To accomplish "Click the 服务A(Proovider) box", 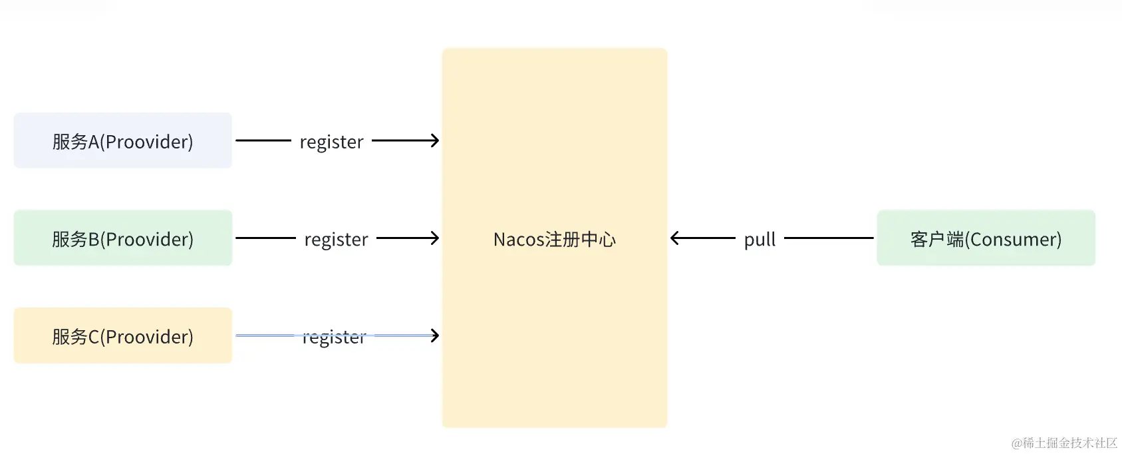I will point(122,140).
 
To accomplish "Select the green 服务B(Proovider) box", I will point(122,238).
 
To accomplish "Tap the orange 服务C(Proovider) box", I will point(122,336).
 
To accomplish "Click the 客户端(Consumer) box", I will point(985,238).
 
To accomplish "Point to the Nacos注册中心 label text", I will point(554,239).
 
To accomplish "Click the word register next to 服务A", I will point(331,142).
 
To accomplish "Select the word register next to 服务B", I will point(336,240).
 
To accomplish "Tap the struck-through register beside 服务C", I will point(334,338).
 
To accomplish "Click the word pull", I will point(760,240).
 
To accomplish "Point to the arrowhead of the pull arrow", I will point(675,238).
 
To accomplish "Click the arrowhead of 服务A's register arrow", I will point(434,140).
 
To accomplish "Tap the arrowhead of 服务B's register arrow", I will point(434,238).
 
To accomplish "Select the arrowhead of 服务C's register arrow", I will point(434,336).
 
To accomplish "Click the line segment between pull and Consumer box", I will point(828,238).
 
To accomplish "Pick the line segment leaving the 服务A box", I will point(263,140).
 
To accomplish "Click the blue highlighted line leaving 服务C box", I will point(265,336).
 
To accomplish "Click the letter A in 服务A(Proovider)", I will point(94,142).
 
